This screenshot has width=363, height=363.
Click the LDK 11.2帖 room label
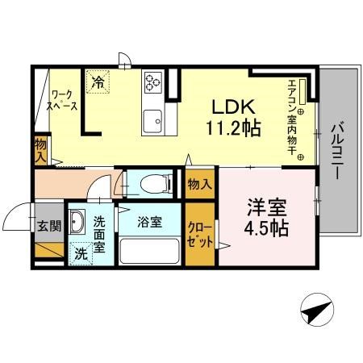(x=235, y=117)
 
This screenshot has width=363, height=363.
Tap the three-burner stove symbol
(x=153, y=81)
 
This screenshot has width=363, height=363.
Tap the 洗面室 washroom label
(x=99, y=233)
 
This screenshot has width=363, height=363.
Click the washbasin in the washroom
(x=78, y=222)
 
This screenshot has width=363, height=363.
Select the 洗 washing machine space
(x=80, y=252)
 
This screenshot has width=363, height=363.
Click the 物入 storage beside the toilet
(x=199, y=185)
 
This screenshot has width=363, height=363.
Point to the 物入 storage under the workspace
(x=40, y=150)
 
